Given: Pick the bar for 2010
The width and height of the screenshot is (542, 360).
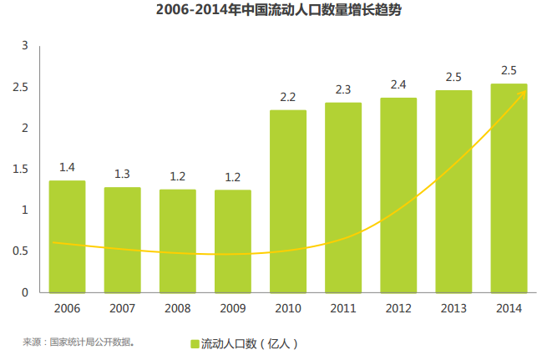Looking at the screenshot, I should tap(288, 201).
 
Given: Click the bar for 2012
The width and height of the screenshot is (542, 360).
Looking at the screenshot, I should tap(398, 195).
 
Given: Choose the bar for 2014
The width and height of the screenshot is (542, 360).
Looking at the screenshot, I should tap(509, 188).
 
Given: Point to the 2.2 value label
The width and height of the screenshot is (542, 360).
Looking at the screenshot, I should tap(288, 98).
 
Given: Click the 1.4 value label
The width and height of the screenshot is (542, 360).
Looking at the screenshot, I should tap(67, 168).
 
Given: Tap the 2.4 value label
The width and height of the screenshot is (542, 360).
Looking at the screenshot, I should tap(398, 85).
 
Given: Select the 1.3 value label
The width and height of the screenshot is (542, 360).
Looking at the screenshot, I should tap(122, 175).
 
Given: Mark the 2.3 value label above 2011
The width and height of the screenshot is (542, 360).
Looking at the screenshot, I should tap(343, 89).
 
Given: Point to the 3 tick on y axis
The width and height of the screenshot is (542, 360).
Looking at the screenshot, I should tap(25, 45).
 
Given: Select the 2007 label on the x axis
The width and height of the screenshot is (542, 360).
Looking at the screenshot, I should tap(122, 308).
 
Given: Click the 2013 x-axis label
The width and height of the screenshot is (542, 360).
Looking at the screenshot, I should tap(453, 308).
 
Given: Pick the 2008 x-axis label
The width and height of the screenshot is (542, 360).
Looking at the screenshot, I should tap(177, 308).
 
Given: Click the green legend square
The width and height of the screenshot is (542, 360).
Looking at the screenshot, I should tap(194, 343).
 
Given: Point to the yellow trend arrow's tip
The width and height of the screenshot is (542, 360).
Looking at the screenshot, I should tap(525, 90).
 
